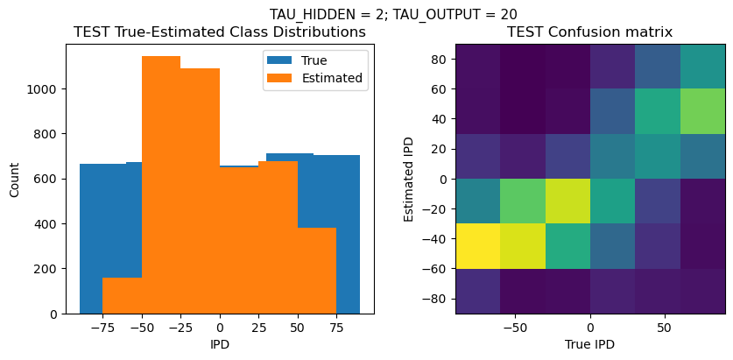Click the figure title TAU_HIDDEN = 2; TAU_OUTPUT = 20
pos(392,14)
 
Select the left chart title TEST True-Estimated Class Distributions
pos(220,32)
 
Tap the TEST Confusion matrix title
pos(590,32)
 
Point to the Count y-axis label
pos(16,179)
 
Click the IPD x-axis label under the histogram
pos(220,344)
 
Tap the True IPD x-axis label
pos(590,344)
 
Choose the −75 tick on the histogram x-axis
pos(102,326)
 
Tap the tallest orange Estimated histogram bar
pos(161,184)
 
